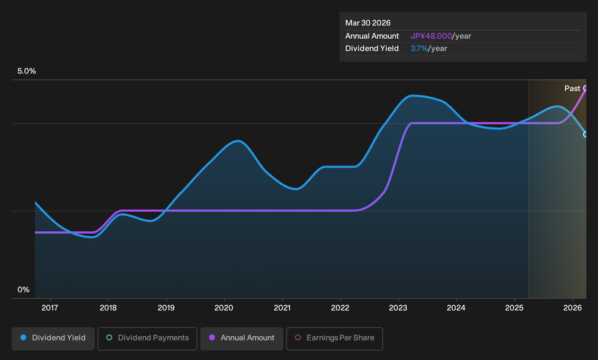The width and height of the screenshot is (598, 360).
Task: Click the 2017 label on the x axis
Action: (50, 308)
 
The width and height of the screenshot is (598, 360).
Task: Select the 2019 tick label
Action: (166, 308)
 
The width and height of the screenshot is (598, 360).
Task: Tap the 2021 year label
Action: (282, 308)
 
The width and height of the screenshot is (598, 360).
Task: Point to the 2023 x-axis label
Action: (398, 308)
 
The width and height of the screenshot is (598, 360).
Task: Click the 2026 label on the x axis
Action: (573, 308)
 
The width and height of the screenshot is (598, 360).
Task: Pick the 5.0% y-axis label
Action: (27, 71)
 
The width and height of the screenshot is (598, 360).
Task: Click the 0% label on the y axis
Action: (24, 290)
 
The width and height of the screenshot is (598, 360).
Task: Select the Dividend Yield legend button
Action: (53, 339)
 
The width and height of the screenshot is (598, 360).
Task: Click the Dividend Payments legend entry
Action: (147, 339)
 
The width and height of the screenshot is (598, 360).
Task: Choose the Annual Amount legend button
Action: (241, 339)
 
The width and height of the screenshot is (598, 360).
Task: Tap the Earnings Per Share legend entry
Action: (334, 339)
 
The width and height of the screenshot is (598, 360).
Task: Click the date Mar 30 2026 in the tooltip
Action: (368, 23)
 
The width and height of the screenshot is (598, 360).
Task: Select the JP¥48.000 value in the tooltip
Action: (431, 36)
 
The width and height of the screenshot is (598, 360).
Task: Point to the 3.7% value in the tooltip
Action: (419, 48)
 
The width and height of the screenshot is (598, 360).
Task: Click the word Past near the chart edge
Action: (573, 89)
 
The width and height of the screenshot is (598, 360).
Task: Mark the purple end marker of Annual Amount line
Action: (586, 88)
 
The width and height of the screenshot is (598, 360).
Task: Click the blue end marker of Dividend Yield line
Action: (586, 134)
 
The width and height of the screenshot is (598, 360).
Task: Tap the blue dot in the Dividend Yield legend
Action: (24, 337)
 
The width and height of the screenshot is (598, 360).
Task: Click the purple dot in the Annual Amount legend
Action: (212, 337)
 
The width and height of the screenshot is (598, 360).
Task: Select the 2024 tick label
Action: (456, 308)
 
